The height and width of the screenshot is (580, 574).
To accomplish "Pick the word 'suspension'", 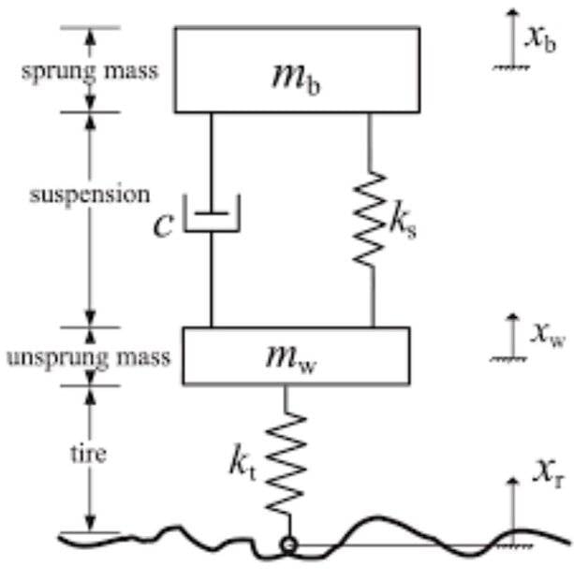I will coord(88,196).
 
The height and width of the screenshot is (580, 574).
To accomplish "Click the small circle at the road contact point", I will coord(289,544).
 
